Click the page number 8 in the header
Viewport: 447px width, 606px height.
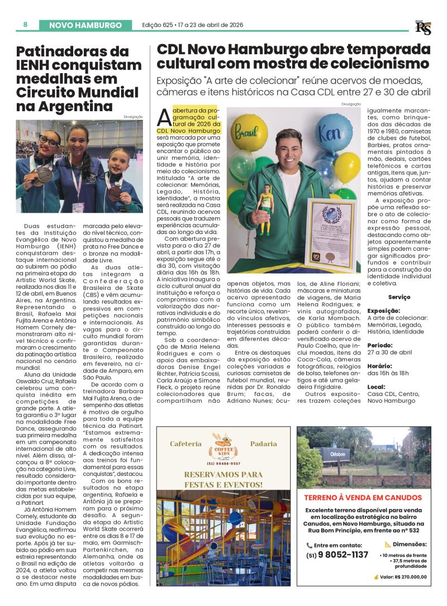click(x=26, y=25)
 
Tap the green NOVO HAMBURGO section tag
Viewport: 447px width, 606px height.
click(x=85, y=25)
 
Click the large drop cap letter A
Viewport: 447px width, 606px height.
click(x=164, y=117)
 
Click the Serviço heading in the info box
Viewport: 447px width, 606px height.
click(x=399, y=297)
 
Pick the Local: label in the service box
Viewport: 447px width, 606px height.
click(x=375, y=386)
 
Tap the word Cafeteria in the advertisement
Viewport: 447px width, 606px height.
click(x=185, y=444)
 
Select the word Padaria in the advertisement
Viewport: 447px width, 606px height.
click(x=263, y=444)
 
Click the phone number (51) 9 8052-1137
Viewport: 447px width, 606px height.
click(x=337, y=555)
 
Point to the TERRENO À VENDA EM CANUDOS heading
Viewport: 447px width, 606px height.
click(x=363, y=497)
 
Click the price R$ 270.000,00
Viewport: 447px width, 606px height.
click(x=403, y=576)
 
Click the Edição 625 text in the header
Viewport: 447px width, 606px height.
click(x=157, y=25)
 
